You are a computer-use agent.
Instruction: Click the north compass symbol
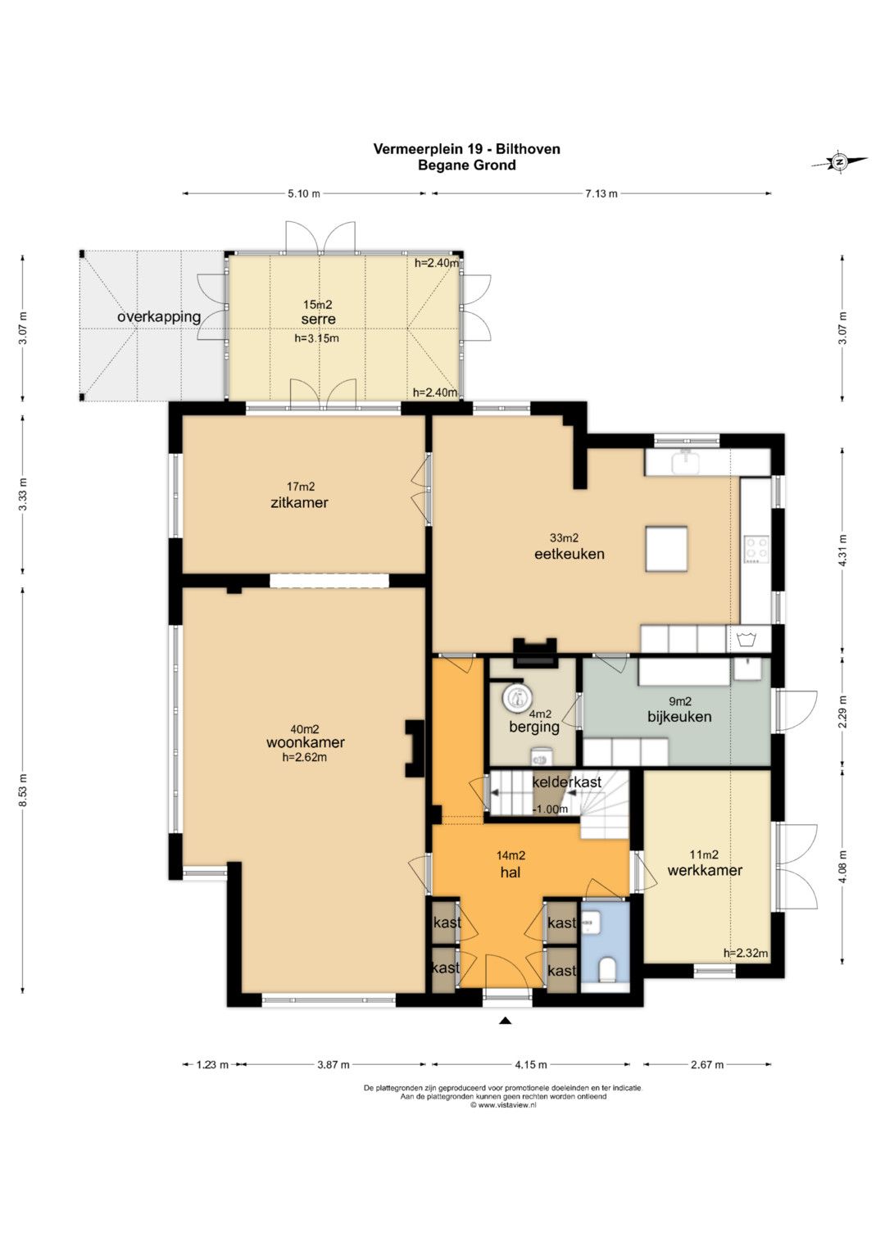coord(839,162)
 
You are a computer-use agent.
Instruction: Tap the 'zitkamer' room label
coord(299,503)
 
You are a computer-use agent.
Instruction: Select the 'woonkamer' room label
coord(305,742)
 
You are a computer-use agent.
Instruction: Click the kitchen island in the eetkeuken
coord(666,548)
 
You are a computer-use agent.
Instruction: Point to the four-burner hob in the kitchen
coord(756,549)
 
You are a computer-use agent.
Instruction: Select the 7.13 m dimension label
coord(601,194)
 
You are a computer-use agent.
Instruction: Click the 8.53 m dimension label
coord(23,791)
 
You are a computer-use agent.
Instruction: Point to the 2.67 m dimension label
coord(707,1064)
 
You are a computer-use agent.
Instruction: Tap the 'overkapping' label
coord(159,317)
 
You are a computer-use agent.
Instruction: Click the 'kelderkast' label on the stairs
coord(566,782)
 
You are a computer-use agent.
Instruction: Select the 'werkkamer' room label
coord(705,870)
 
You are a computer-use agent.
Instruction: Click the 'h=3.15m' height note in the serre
coord(317,338)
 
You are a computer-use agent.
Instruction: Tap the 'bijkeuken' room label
coord(679,717)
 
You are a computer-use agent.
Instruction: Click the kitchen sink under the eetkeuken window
coord(686,462)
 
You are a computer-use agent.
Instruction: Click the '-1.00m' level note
coord(551,809)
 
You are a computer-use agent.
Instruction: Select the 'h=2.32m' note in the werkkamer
coord(746,954)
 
